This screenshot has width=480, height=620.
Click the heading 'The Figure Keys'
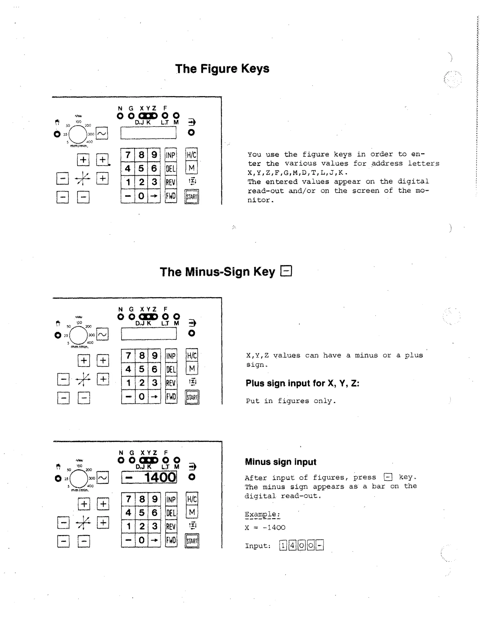pos(222,69)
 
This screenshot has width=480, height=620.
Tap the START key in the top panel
pos(192,197)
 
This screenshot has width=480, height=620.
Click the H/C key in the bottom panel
pos(192,499)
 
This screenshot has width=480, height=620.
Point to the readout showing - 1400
pos(149,477)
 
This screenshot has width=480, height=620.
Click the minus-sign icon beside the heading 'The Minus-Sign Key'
pos(286,271)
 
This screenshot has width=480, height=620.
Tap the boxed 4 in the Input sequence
pos(292,545)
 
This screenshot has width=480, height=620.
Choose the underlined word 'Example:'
pos(262,514)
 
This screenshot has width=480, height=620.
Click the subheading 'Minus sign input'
pos(280,462)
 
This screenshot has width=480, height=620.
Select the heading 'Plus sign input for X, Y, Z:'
pos(302,383)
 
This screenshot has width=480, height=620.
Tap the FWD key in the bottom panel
pos(171,540)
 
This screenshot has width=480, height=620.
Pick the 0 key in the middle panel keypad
pos(142,397)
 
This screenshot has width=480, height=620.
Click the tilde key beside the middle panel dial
pos(102,334)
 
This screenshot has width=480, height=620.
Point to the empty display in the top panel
pos(148,133)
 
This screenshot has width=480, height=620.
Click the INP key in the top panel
pos(171,155)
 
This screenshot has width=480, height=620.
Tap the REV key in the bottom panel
pos(171,527)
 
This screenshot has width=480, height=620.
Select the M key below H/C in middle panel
pos(192,368)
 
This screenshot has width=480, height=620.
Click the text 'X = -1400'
pos(265,527)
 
